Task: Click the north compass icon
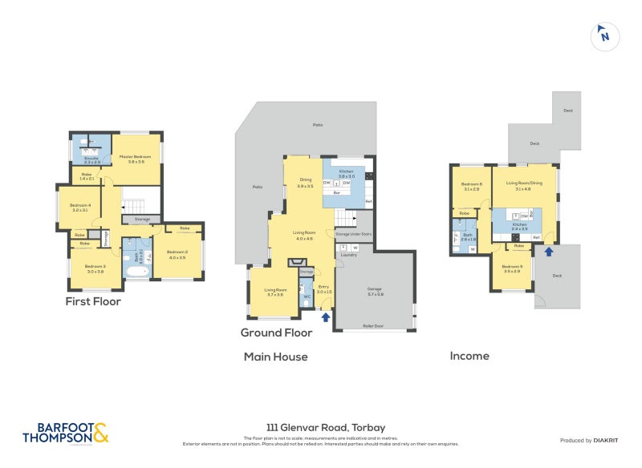pyautogui.click(x=604, y=35)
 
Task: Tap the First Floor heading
pyautogui.click(x=93, y=301)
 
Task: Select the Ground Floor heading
pyautogui.click(x=276, y=333)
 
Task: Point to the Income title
pyautogui.click(x=469, y=356)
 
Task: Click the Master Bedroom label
pyautogui.click(x=131, y=158)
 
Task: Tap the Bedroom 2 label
pyautogui.click(x=177, y=253)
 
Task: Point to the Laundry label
pyautogui.click(x=347, y=255)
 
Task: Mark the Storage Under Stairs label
pyautogui.click(x=353, y=233)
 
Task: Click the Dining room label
pyautogui.click(x=305, y=181)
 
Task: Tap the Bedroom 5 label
pyautogui.click(x=513, y=268)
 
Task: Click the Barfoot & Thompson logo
pyautogui.click(x=64, y=433)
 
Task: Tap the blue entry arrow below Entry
pyautogui.click(x=325, y=317)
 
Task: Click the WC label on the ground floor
pyautogui.click(x=307, y=296)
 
